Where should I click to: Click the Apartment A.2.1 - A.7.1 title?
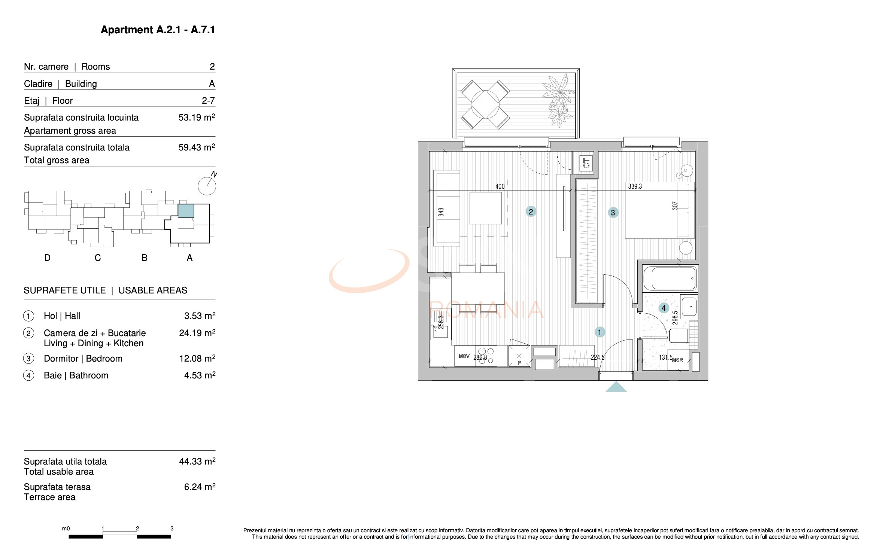point(158,30)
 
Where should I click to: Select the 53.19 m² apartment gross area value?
point(196,118)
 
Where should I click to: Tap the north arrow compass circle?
point(207,186)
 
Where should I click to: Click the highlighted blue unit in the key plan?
point(186,211)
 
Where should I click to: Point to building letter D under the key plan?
point(47,258)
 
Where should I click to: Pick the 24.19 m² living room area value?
point(197,333)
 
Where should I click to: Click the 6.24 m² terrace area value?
point(199,487)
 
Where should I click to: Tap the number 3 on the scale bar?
point(172,529)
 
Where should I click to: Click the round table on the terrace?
point(485,104)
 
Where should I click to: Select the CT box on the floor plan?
point(586,164)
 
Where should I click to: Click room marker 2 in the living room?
point(531,212)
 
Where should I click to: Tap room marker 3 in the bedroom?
point(613,213)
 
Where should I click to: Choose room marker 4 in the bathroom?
point(664,308)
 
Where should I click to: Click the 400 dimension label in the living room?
point(500,186)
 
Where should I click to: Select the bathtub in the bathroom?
point(670,278)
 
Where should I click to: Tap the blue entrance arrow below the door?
point(616,387)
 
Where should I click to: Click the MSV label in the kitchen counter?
point(464,356)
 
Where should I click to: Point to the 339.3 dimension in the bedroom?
point(635,186)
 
